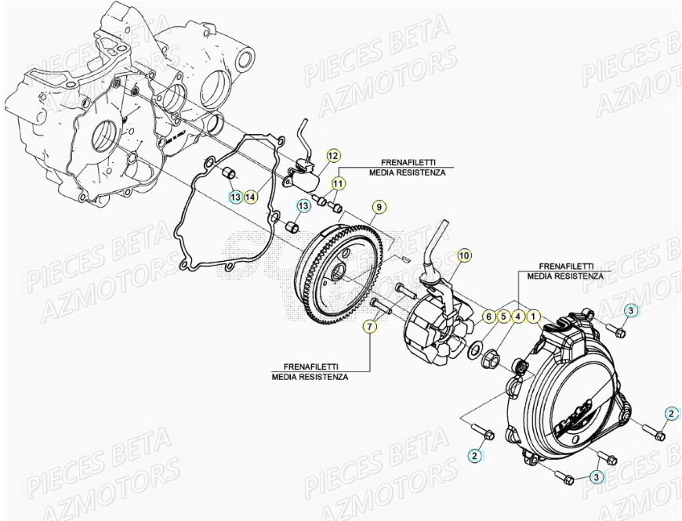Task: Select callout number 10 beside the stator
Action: point(463,255)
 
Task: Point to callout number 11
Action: point(337,184)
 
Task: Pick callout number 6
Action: point(487,317)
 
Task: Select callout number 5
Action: point(502,317)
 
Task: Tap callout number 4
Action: point(517,317)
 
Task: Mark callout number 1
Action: point(533,317)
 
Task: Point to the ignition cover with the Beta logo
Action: point(572,392)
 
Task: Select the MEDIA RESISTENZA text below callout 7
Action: point(310,377)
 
